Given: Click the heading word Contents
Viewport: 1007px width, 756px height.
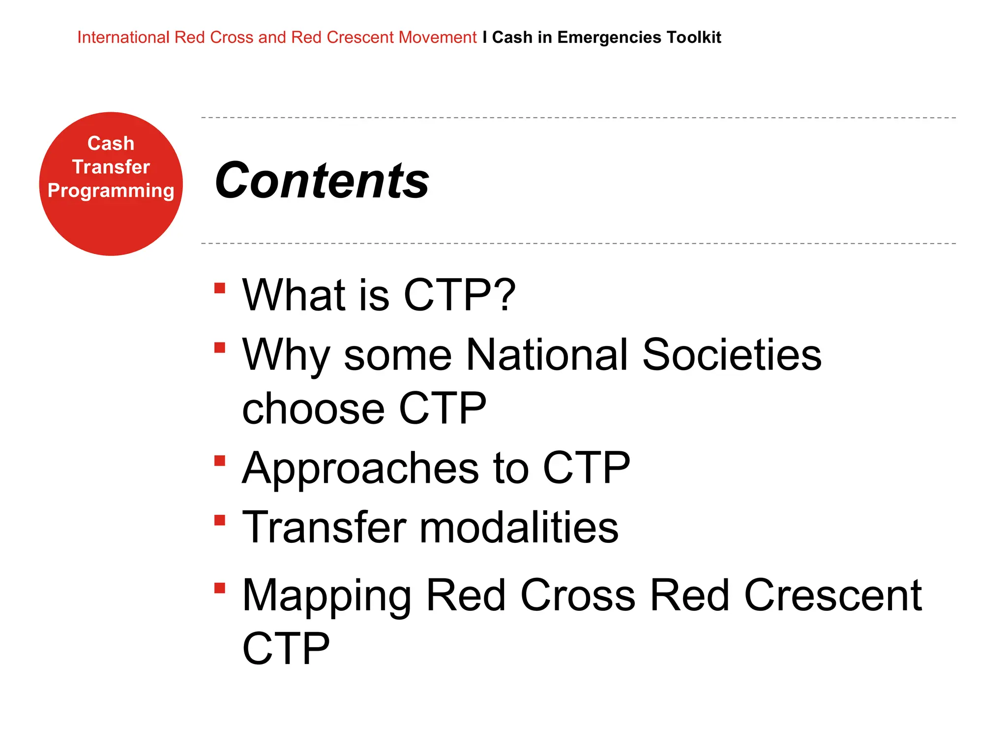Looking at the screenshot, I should tap(322, 181).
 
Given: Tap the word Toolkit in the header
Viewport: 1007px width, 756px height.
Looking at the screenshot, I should tap(694, 37).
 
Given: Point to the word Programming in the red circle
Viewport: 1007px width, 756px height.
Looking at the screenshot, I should tap(111, 191).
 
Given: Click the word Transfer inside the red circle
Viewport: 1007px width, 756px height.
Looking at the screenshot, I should tap(111, 167).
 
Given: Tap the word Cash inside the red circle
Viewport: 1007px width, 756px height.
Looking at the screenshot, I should tap(111, 143).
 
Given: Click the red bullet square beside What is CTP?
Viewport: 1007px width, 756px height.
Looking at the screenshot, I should tap(220, 288).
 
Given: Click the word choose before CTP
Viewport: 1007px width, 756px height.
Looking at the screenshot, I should tap(313, 409).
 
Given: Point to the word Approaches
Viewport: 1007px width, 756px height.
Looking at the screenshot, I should tap(360, 468).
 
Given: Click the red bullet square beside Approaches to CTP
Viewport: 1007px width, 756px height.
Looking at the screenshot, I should tap(220, 461).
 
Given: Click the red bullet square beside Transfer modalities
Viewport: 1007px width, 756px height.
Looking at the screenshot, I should tap(220, 520).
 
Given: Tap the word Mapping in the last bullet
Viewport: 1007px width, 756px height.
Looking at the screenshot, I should tap(327, 596).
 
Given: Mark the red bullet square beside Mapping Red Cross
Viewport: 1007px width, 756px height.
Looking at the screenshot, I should tap(220, 588).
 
